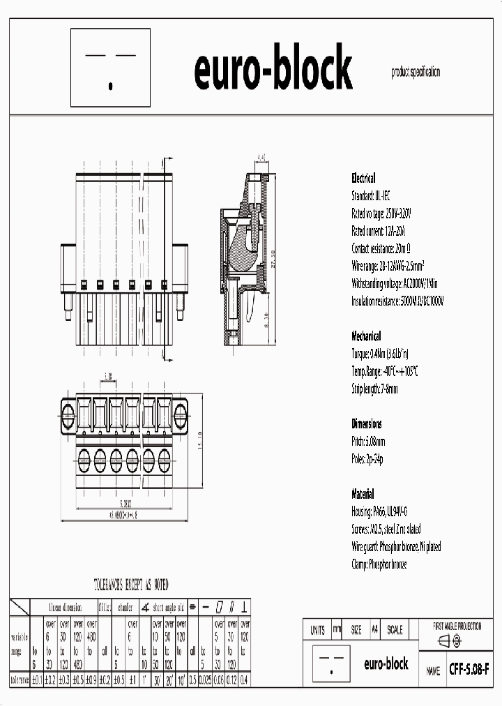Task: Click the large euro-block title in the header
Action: click(273, 69)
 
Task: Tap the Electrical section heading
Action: click(363, 178)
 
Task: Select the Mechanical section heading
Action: click(365, 335)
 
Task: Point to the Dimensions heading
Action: click(366, 423)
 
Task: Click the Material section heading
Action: click(363, 494)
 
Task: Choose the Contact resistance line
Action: click(384, 248)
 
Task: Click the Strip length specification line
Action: click(374, 389)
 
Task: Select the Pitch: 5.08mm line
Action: click(368, 442)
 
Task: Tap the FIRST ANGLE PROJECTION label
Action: click(457, 626)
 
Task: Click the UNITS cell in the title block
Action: click(317, 630)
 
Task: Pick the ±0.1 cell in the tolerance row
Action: click(37, 679)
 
